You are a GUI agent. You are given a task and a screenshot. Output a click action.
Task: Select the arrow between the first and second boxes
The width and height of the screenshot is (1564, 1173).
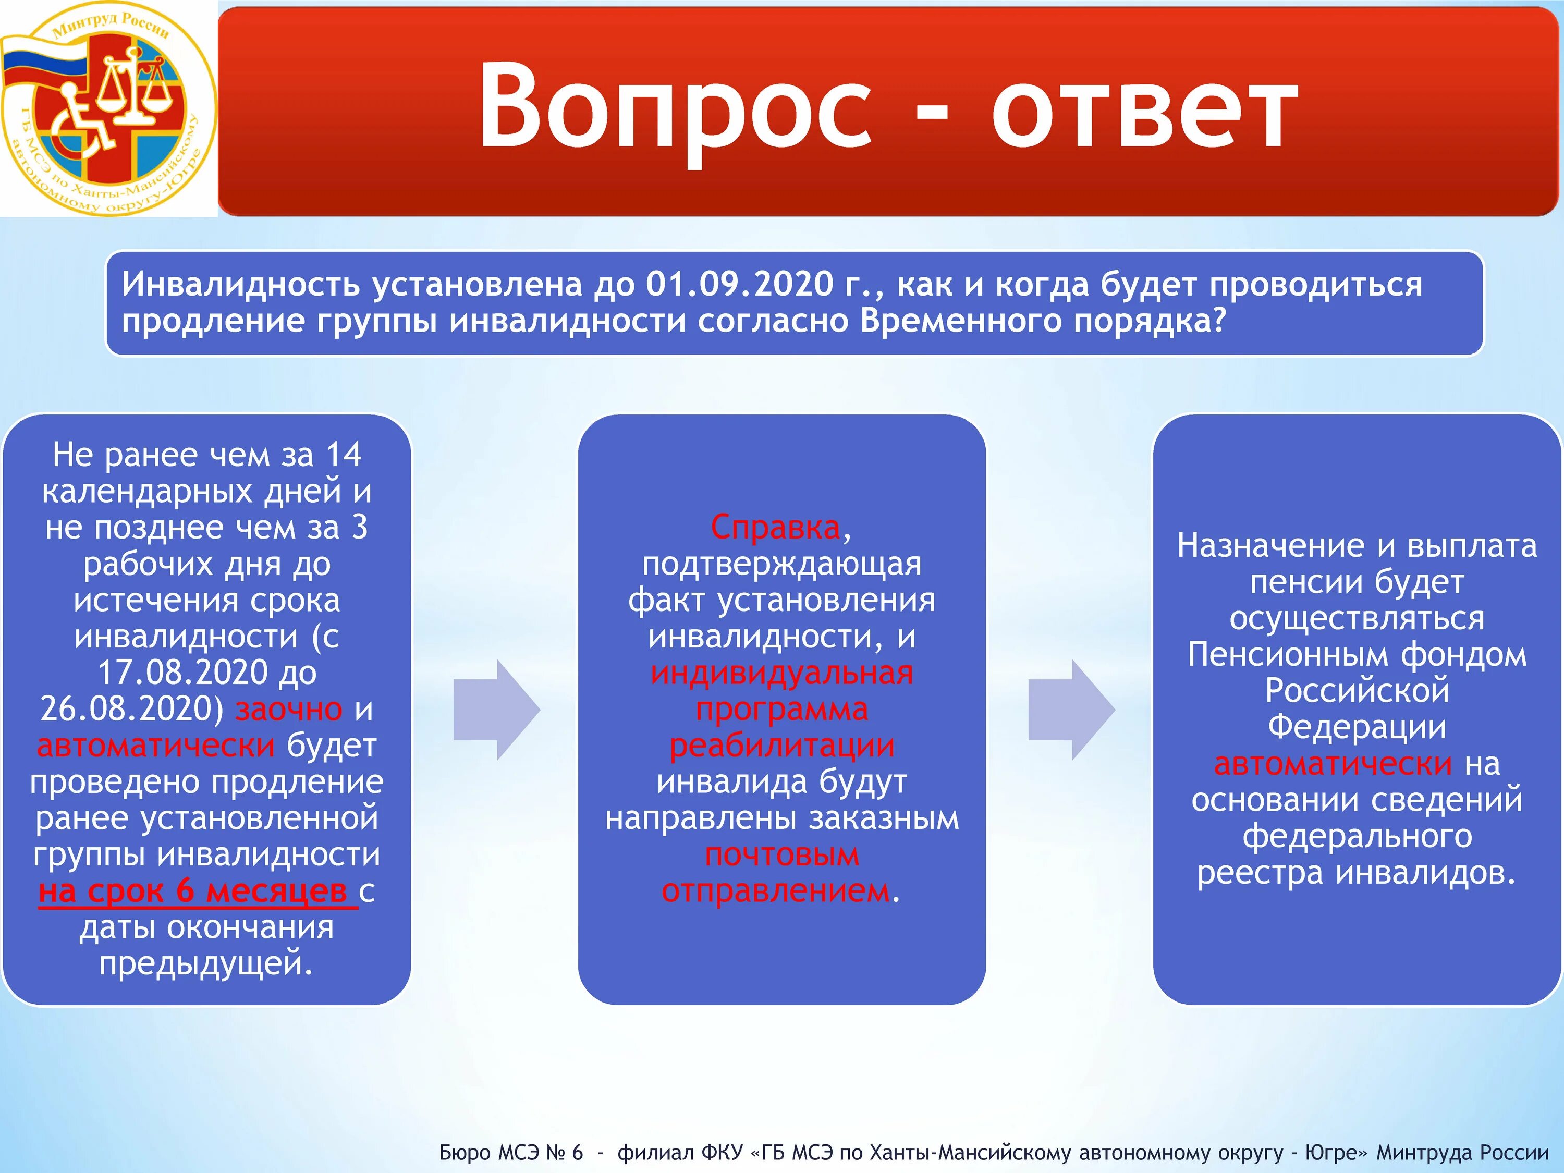(x=497, y=710)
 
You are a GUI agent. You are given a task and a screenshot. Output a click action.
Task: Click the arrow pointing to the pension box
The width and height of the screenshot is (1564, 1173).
(x=1072, y=710)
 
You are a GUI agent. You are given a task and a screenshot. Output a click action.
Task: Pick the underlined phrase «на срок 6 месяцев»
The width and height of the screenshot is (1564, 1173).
(x=193, y=891)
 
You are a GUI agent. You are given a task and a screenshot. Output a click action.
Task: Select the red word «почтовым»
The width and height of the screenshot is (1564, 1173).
(x=782, y=856)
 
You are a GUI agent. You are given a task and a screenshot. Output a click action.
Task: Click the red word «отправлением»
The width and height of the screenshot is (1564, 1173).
(x=776, y=891)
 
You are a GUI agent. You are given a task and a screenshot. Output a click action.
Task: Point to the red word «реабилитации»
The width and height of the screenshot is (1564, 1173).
(x=782, y=747)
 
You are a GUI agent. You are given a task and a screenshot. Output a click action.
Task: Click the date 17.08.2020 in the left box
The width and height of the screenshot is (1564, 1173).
(x=182, y=673)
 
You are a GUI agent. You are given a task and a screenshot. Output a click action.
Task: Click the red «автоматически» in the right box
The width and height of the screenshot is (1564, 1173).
(x=1333, y=764)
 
